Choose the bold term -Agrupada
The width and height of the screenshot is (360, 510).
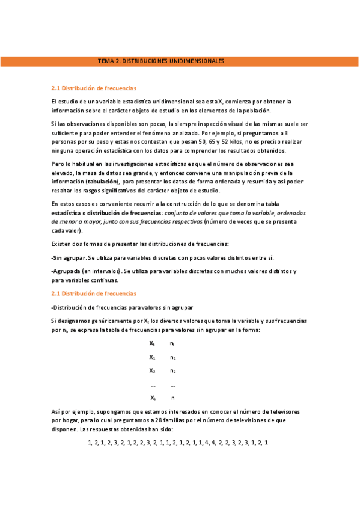[x=66, y=271]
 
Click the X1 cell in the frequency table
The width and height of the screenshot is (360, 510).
[x=153, y=357]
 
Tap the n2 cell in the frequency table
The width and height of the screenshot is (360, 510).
[x=173, y=371]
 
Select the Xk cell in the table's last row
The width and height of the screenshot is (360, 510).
[x=153, y=398]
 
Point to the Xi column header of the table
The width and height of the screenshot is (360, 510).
[x=153, y=343]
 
